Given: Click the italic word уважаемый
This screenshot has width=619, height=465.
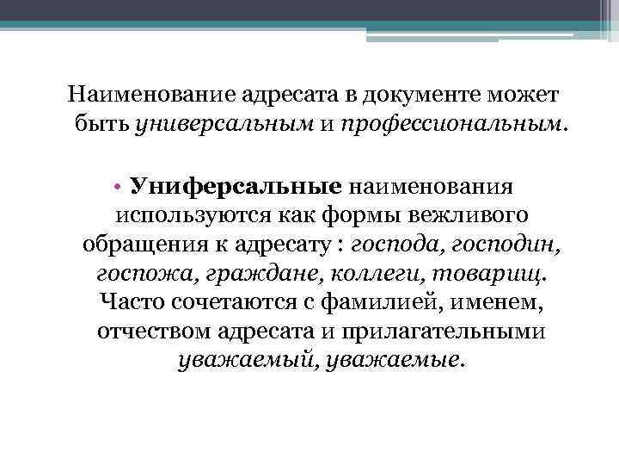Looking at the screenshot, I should tap(232, 361).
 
